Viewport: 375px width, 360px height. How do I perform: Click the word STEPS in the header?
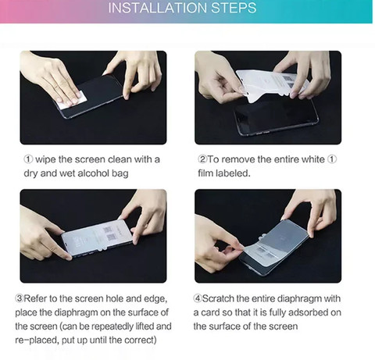(234, 8)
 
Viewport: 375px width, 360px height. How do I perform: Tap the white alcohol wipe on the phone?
(72, 100)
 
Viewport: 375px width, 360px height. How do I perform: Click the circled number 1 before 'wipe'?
(29, 159)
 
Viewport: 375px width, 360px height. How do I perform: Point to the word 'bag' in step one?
(120, 173)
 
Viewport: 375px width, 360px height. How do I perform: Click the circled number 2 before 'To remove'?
(202, 159)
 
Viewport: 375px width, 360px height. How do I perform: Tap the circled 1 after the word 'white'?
(332, 159)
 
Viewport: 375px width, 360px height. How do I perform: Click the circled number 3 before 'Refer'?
(20, 298)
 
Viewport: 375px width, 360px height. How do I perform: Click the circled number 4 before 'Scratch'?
(198, 298)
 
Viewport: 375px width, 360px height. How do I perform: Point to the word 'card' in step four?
(211, 312)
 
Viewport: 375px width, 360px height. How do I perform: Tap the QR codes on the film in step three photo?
(109, 233)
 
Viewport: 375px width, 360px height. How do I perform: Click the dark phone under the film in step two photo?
(276, 116)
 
